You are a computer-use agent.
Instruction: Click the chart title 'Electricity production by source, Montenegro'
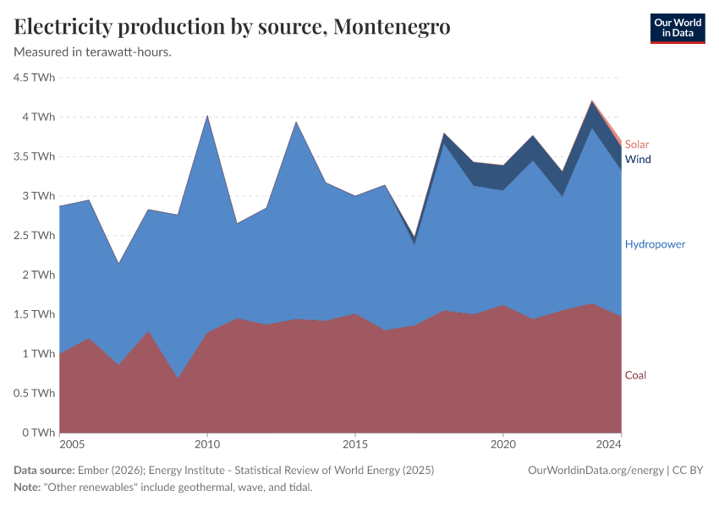tap(232, 27)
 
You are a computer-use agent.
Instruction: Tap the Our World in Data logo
tap(677, 28)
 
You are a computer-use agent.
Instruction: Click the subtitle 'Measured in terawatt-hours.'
tap(93, 52)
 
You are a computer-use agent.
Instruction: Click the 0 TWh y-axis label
tap(39, 433)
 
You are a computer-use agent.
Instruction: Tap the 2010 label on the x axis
tap(207, 444)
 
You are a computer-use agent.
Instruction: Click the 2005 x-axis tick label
tap(72, 444)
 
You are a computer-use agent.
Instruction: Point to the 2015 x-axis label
tap(355, 444)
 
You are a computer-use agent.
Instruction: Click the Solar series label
tap(637, 144)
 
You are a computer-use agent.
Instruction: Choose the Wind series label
tap(638, 159)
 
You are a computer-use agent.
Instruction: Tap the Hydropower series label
tap(655, 244)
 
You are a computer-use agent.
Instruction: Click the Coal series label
tap(635, 375)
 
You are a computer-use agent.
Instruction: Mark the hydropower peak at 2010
tap(207, 116)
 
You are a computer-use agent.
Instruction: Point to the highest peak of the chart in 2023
tap(592, 101)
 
